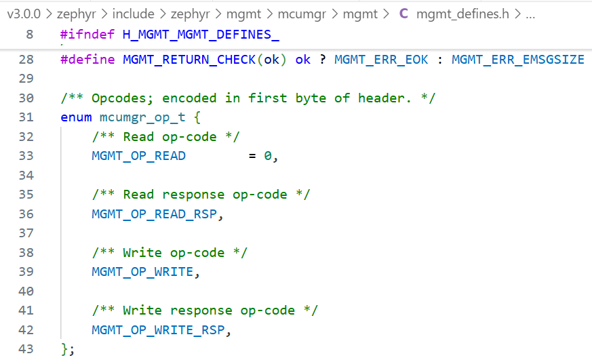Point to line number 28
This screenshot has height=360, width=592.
pyautogui.click(x=26, y=60)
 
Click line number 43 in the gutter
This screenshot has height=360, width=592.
pyautogui.click(x=26, y=349)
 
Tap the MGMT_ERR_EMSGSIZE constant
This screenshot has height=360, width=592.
pyautogui.click(x=517, y=60)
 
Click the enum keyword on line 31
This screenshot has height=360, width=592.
pyautogui.click(x=76, y=117)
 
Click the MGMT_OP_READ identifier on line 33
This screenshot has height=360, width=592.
pyautogui.click(x=138, y=156)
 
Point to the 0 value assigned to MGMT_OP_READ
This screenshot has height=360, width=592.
pyautogui.click(x=268, y=156)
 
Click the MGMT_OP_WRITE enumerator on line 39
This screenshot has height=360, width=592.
pyautogui.click(x=142, y=272)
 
